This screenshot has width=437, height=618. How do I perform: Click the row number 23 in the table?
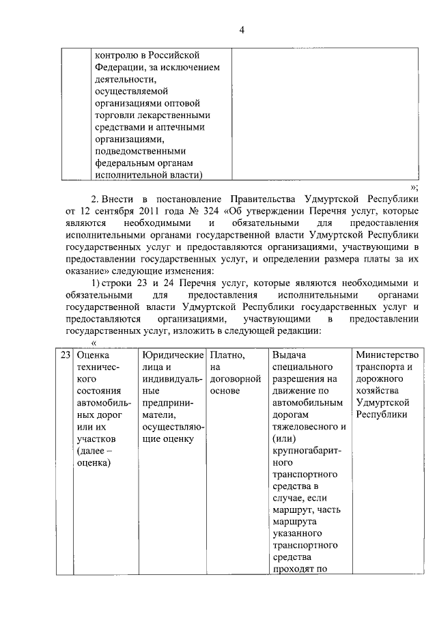(x=65, y=356)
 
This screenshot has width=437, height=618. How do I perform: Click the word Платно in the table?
(x=227, y=356)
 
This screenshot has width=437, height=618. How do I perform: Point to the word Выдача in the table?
(x=290, y=356)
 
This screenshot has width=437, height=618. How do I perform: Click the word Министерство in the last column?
(x=387, y=356)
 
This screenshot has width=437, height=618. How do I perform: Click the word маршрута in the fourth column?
(x=294, y=521)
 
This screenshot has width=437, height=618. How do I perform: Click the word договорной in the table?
(x=237, y=380)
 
